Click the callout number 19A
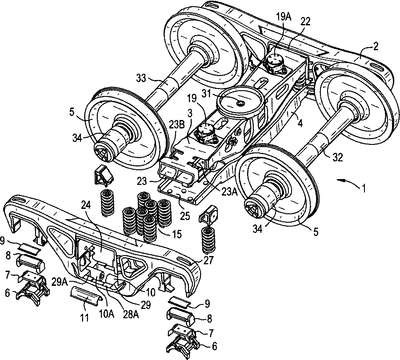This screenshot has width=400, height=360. [x=283, y=17]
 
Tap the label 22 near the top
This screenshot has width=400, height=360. [x=305, y=22]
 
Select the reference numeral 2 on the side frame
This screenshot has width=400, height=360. [x=376, y=47]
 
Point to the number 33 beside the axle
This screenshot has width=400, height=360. [x=142, y=79]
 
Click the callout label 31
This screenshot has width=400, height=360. [x=207, y=94]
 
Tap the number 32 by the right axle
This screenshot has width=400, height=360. [x=338, y=157]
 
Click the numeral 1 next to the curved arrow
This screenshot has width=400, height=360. [x=364, y=188]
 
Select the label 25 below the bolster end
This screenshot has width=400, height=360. [x=185, y=216]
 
